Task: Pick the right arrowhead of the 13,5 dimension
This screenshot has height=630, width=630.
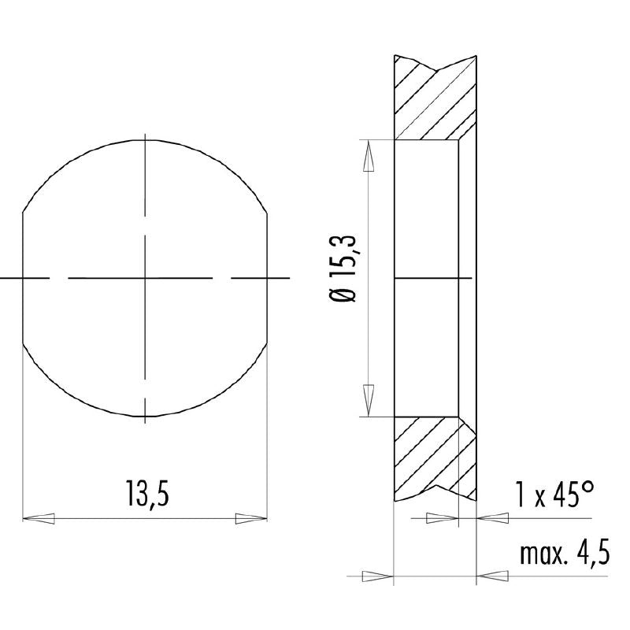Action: pos(251,518)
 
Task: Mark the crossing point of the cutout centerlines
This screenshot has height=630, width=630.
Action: pos(146,278)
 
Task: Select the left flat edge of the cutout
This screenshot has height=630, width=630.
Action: pos(24,278)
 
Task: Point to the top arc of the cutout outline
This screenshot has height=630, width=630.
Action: pos(146,140)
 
